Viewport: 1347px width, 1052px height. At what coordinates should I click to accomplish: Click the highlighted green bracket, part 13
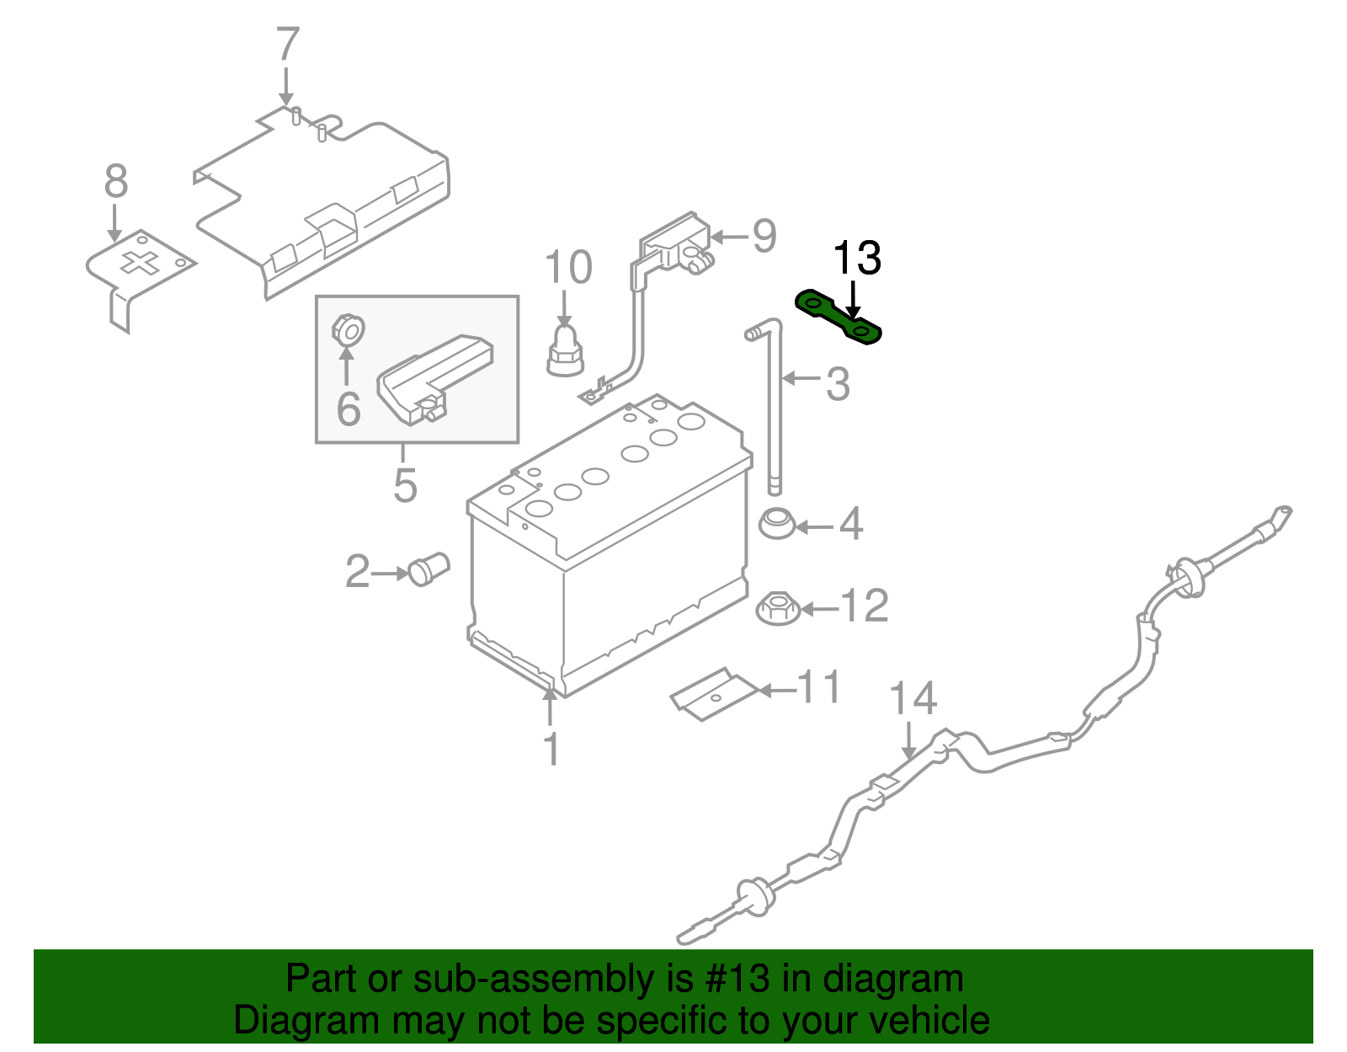[x=838, y=318]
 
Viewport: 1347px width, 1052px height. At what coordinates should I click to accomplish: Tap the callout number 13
[x=856, y=259]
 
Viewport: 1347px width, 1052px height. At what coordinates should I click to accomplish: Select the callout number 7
[x=287, y=45]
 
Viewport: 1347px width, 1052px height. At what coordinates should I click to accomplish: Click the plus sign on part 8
[x=140, y=263]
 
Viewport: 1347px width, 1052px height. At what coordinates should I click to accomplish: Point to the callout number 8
[x=115, y=182]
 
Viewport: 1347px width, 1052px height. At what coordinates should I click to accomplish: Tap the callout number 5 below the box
[x=405, y=485]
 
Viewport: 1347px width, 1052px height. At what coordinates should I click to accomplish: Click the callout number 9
[x=764, y=237]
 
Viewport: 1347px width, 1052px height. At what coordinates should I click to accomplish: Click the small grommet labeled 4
[x=775, y=525]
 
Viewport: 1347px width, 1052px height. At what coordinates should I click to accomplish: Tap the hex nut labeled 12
[x=776, y=608]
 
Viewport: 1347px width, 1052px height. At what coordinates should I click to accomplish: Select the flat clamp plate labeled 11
[x=713, y=694]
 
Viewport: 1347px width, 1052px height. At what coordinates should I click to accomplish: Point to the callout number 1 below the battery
[x=551, y=749]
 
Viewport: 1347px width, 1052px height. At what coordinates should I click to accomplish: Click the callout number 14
[x=913, y=699]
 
